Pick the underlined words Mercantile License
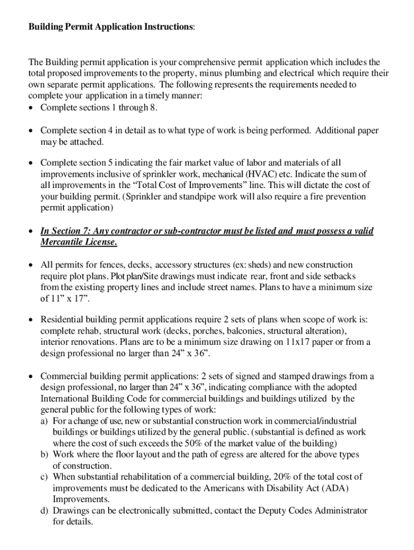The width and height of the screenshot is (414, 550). coord(78,242)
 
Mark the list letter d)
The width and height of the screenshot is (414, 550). coord(45,510)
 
